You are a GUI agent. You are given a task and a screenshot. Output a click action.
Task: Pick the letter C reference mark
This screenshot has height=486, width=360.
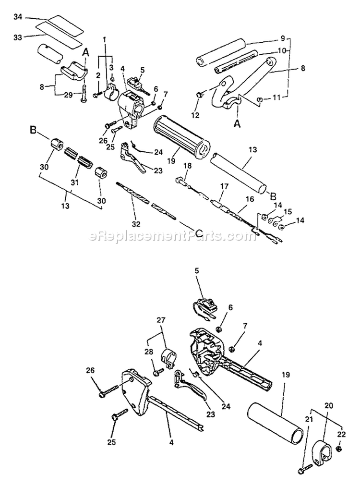(x=185, y=226)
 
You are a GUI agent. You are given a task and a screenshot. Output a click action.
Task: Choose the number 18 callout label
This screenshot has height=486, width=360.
(x=187, y=165)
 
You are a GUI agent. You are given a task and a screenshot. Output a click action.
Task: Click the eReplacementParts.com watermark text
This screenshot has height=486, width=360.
(x=166, y=236)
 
